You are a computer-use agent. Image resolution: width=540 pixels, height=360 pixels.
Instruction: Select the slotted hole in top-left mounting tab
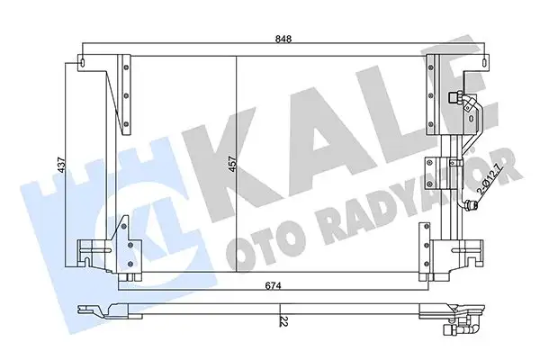pyautogui.click(x=85, y=63)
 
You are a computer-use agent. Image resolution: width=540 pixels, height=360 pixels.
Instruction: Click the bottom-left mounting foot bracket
pyautogui.click(x=90, y=251)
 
